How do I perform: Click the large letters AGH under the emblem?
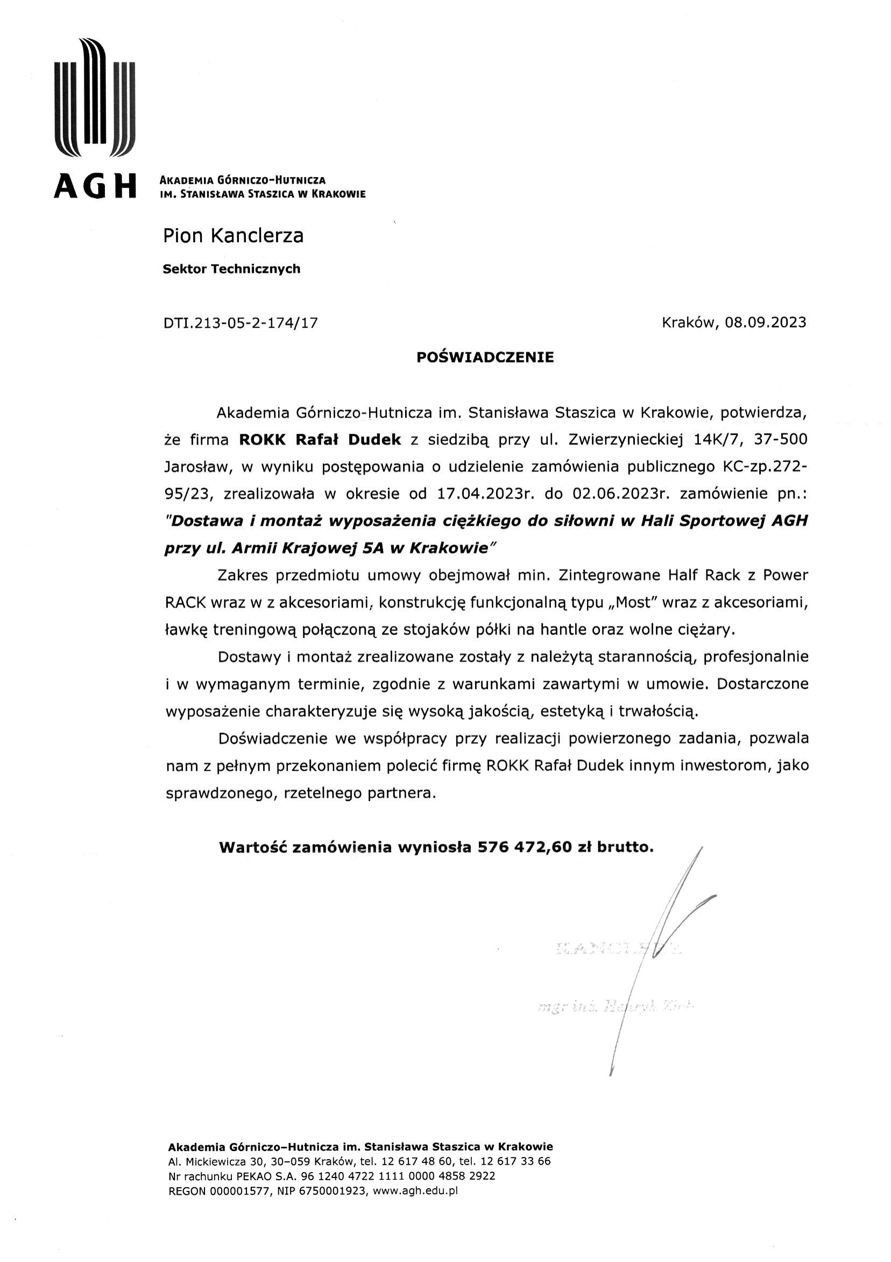pyautogui.click(x=95, y=187)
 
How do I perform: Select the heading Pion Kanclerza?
pyautogui.click(x=233, y=236)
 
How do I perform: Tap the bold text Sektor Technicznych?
pyautogui.click(x=231, y=269)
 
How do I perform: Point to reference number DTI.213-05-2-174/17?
pyautogui.click(x=241, y=323)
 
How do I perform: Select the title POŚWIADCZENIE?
pyautogui.click(x=485, y=358)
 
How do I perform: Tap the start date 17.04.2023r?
pyautogui.click(x=486, y=493)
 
